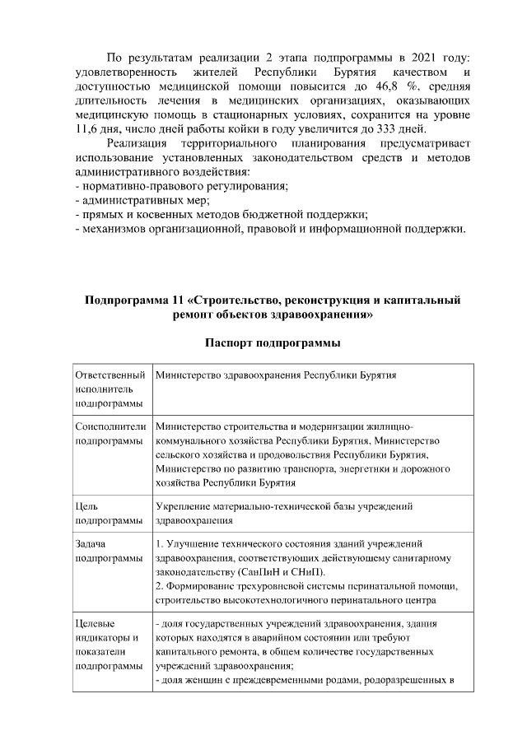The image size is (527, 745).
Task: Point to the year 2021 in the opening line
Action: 418,55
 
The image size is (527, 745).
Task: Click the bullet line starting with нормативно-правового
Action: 180,187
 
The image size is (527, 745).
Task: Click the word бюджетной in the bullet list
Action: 283,215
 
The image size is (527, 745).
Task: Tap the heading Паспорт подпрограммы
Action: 273,342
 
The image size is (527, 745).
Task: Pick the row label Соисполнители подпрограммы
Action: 110,434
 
